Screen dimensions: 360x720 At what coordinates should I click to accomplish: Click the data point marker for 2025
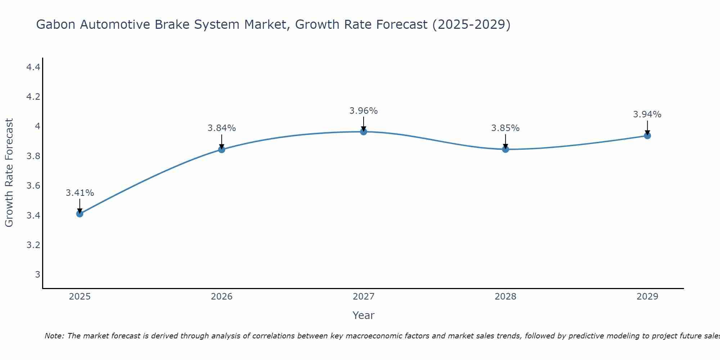point(80,214)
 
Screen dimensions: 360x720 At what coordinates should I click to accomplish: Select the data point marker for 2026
point(222,149)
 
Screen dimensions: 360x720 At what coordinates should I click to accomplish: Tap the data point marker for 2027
point(364,132)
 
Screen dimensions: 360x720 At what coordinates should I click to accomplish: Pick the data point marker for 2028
point(505,149)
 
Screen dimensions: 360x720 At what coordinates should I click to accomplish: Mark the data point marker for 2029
point(647,136)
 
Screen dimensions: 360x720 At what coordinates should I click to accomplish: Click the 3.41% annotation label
point(80,193)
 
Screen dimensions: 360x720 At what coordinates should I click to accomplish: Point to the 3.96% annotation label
point(364,111)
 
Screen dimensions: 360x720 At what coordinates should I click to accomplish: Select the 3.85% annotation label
point(505,128)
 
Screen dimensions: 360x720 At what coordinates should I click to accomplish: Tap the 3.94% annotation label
point(647,114)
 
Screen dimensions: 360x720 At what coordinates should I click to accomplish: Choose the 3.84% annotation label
point(222,128)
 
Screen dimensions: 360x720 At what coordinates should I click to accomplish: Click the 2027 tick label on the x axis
point(364,297)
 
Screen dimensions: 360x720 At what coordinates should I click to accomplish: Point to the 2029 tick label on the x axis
point(647,297)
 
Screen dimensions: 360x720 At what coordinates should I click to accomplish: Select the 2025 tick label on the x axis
point(80,297)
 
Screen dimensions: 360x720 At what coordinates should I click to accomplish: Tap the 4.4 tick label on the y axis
point(33,67)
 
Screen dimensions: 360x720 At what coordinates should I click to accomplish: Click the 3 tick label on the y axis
point(37,275)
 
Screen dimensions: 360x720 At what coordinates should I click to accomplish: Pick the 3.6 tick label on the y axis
point(33,186)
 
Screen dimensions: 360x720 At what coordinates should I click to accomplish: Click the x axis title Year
point(364,315)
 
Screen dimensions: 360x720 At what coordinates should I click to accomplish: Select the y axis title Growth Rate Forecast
point(9,173)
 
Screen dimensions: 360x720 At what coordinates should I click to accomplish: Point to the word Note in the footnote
point(54,336)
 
